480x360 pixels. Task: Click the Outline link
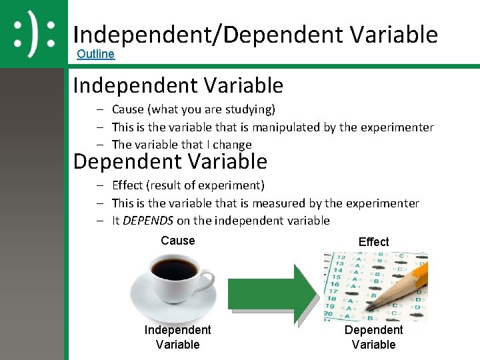tap(95, 54)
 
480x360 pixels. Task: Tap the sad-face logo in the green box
tap(33, 33)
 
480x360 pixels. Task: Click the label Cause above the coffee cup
tap(178, 241)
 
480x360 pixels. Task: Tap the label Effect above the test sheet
tap(373, 242)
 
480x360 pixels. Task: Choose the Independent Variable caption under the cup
tap(177, 337)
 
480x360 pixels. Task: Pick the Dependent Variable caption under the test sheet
tap(373, 337)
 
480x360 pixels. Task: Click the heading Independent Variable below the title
tap(178, 86)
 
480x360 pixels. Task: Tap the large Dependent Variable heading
tap(170, 162)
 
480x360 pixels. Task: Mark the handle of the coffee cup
tap(206, 277)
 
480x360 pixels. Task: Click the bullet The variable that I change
tap(181, 145)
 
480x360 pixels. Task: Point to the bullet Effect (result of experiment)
tap(188, 185)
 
